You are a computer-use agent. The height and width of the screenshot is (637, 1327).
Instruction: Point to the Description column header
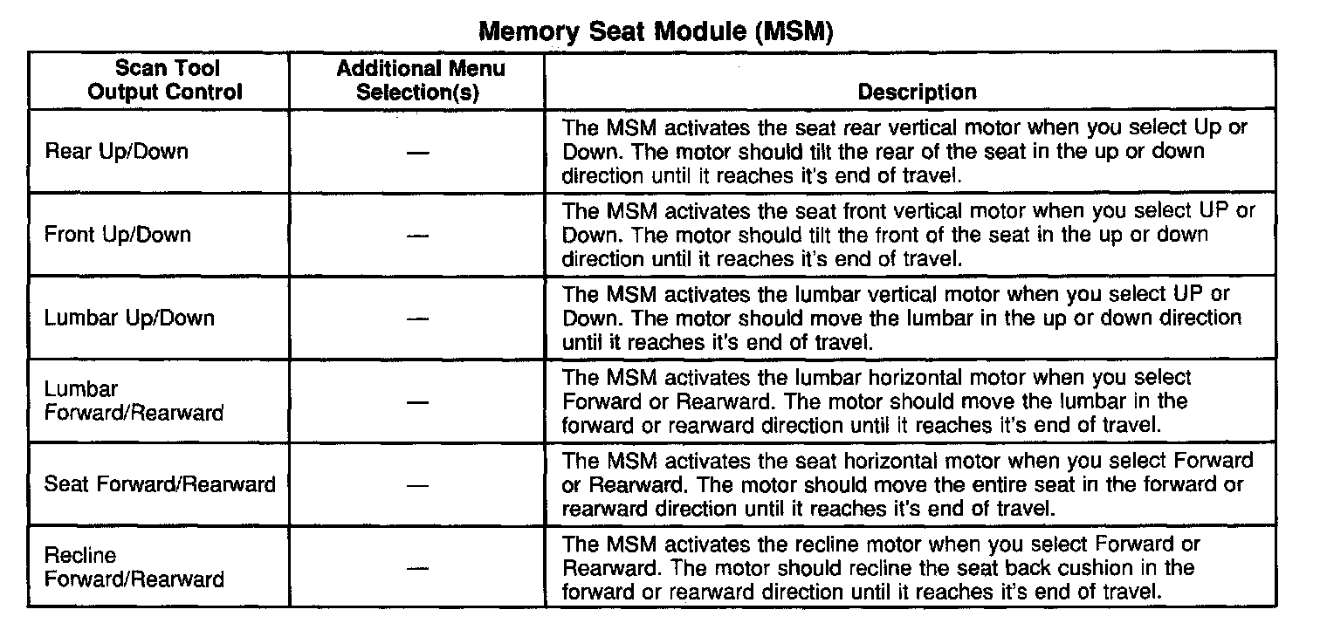point(917,92)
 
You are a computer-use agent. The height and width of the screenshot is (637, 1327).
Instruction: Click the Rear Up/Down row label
point(116,151)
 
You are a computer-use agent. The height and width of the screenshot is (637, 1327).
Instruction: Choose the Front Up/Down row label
point(118,234)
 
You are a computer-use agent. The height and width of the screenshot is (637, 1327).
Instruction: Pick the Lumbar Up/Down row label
point(129,318)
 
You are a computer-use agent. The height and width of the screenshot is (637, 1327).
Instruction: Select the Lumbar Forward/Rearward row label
point(134,401)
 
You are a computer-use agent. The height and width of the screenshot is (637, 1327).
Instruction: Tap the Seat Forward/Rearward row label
point(160,484)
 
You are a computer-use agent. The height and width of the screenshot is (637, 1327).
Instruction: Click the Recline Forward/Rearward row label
point(134,567)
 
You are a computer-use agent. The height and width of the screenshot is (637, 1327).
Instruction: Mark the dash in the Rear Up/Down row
point(418,153)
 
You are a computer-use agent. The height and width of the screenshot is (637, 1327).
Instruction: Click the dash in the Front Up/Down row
point(418,236)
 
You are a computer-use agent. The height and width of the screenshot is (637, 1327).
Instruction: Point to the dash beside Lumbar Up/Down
point(418,319)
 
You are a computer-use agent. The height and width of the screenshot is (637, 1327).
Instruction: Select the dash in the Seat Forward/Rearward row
point(418,486)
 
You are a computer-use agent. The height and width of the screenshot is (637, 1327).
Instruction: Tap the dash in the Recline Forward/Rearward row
point(418,569)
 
